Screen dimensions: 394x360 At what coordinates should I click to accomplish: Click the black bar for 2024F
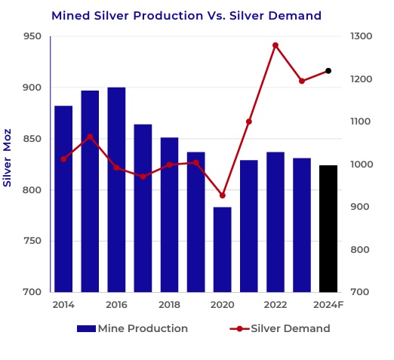[328, 229]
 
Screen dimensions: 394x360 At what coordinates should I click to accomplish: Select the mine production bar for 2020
[223, 250]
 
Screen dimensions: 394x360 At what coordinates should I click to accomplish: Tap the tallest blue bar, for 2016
[116, 189]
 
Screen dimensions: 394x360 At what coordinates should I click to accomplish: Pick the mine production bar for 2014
[63, 199]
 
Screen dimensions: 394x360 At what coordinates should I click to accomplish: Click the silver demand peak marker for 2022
[275, 45]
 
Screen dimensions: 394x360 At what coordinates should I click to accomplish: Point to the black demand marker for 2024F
[328, 71]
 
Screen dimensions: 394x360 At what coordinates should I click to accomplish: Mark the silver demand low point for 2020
[223, 195]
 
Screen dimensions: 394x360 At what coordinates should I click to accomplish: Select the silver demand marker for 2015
[90, 137]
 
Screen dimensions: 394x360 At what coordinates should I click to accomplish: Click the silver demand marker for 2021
[249, 122]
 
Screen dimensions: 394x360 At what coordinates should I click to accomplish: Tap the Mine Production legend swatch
[86, 328]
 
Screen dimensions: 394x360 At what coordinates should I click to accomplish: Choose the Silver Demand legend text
[291, 328]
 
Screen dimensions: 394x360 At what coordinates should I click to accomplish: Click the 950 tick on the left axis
[32, 36]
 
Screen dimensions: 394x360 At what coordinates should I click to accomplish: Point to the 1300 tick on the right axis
[361, 36]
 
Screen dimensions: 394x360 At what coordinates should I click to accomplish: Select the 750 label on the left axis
[32, 241]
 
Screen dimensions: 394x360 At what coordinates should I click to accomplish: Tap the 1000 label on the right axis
[362, 165]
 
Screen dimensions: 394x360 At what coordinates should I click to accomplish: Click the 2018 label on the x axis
[169, 305]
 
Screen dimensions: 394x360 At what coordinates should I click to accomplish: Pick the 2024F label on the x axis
[328, 305]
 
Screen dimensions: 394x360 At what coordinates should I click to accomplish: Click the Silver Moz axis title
[7, 158]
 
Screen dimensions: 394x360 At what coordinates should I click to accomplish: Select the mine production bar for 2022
[275, 222]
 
